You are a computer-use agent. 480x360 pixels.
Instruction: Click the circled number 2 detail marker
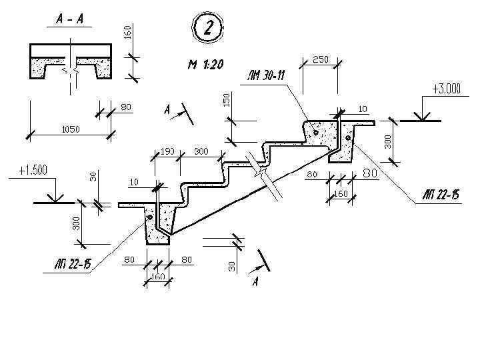click(x=207, y=29)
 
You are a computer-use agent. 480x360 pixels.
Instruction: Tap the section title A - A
click(x=70, y=19)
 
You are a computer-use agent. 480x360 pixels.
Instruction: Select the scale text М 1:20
click(x=205, y=65)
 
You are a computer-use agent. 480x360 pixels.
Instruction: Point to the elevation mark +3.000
click(x=446, y=89)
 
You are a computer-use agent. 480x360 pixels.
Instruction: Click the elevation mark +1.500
click(x=33, y=170)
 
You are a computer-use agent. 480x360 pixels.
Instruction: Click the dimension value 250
click(x=320, y=60)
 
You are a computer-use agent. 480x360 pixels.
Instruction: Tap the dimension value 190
click(x=167, y=152)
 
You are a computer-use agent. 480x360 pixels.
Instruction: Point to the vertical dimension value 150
click(x=226, y=99)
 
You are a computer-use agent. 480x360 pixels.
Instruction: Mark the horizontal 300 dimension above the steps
click(x=201, y=152)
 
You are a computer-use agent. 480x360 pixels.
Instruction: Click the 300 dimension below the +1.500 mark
click(x=77, y=223)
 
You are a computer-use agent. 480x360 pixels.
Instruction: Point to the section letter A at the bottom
click(x=255, y=283)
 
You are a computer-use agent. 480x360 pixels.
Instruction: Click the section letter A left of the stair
click(x=167, y=110)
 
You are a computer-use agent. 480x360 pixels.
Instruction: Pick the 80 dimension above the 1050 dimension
click(x=126, y=107)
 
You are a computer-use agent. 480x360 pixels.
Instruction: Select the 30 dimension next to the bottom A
click(x=232, y=265)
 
